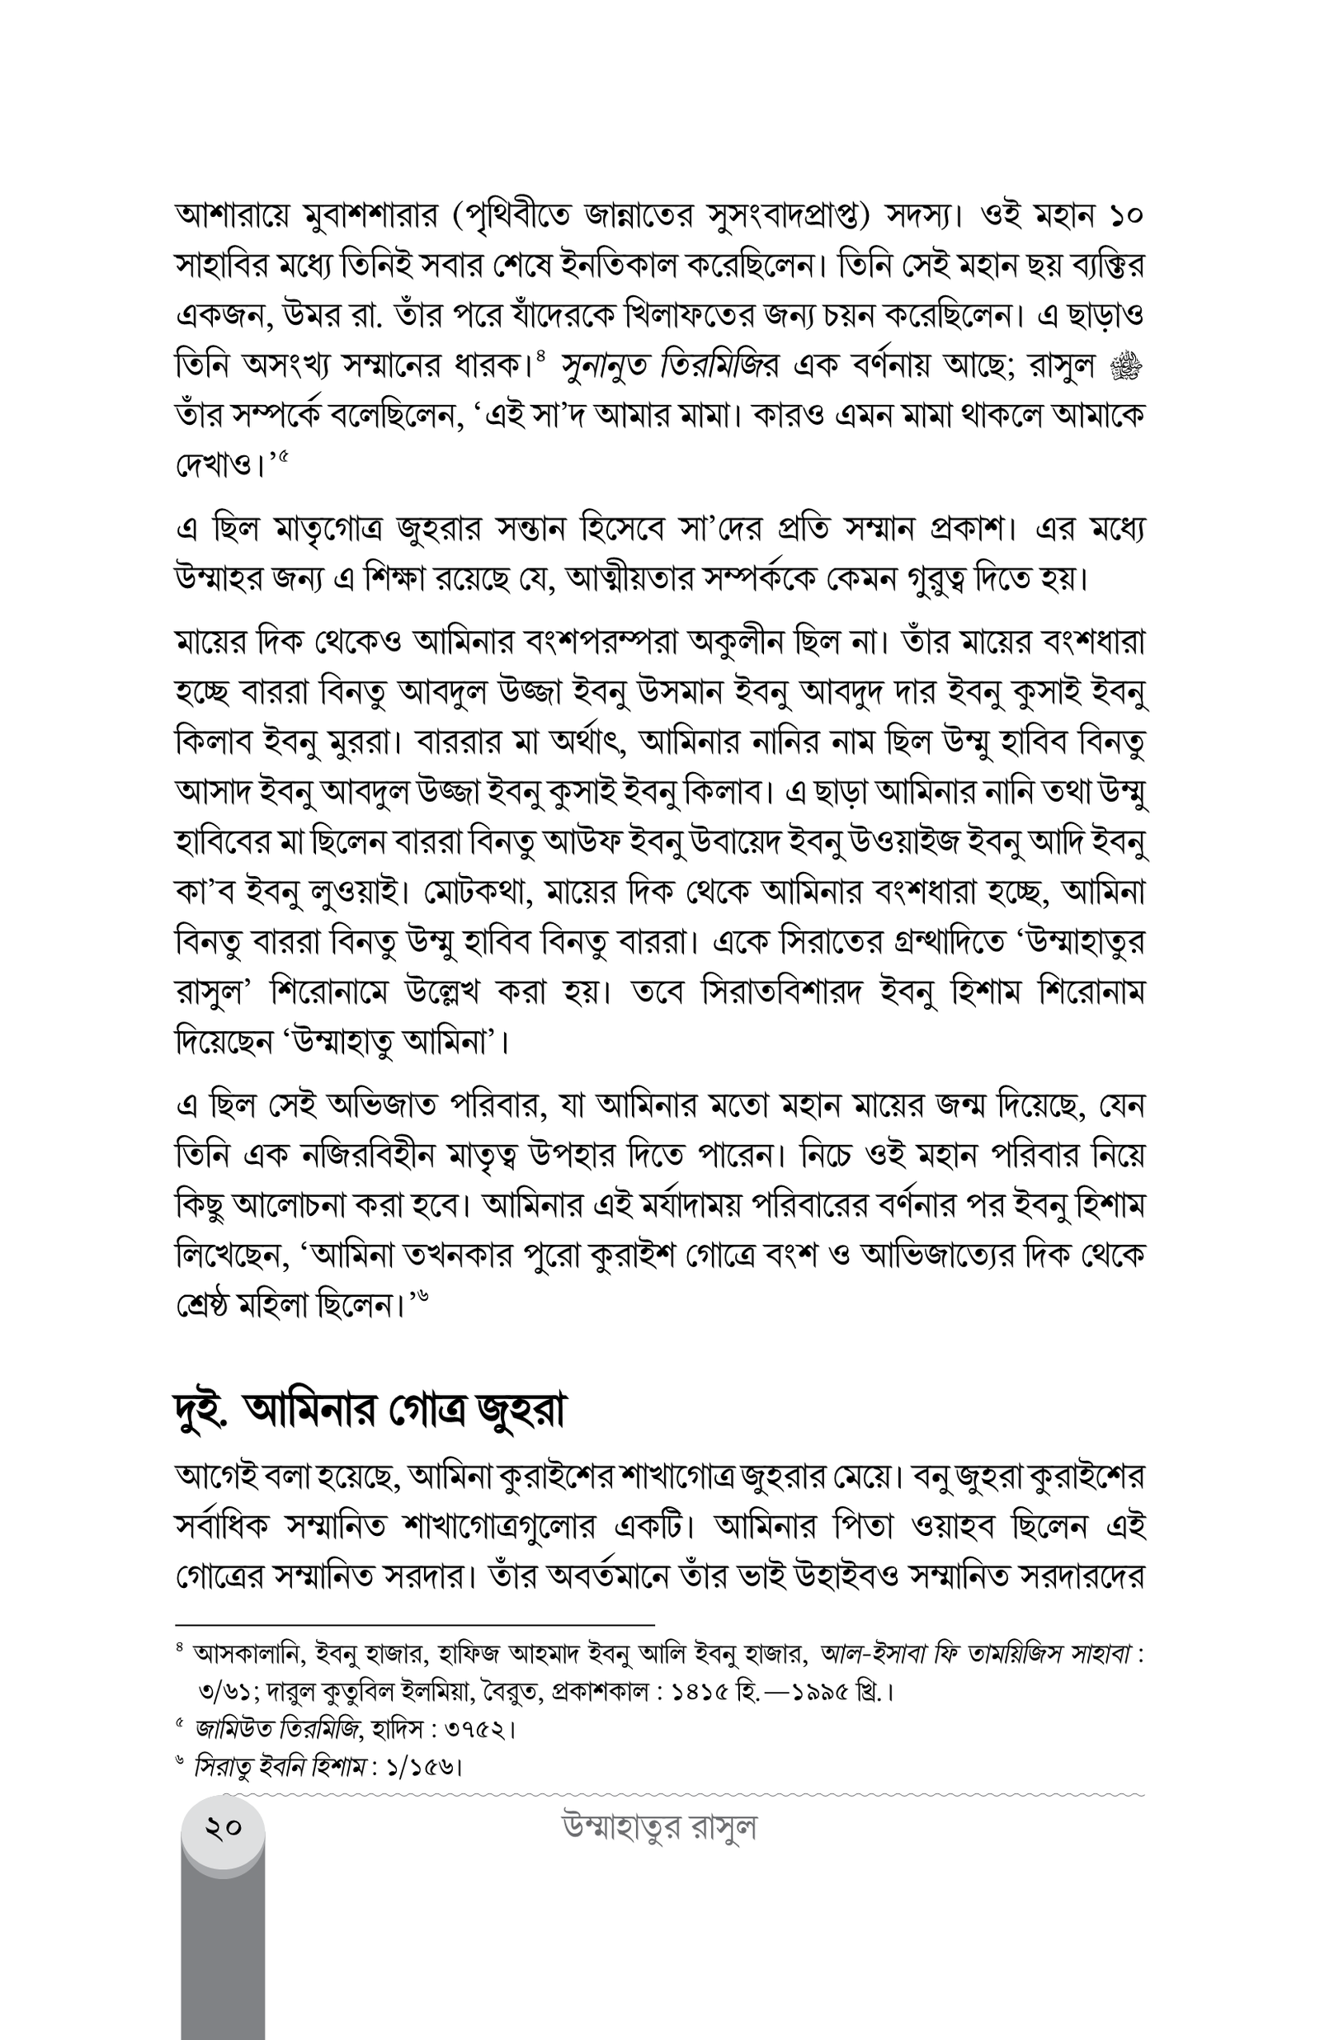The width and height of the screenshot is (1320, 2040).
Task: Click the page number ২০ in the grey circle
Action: [223, 1828]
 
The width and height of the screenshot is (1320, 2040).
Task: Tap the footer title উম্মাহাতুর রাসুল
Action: [659, 1827]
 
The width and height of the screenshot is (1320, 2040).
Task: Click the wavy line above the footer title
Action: [686, 1793]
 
